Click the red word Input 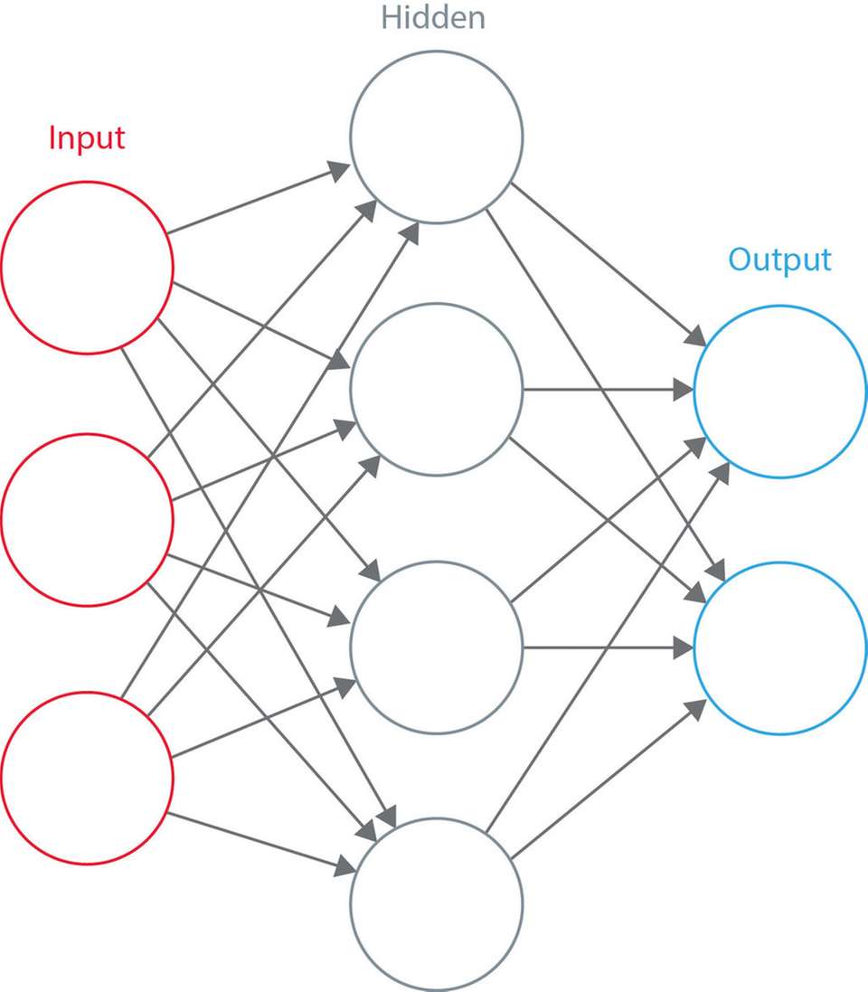87,138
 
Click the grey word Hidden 432,17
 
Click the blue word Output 779,260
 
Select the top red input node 87,268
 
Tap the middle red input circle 87,520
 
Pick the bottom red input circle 87,778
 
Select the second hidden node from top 437,390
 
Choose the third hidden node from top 437,647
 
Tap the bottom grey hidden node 437,904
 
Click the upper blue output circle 779,392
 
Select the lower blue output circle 779,647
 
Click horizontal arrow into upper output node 606,391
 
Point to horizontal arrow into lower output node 606,647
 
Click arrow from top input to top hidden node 258,201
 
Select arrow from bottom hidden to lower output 606,781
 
